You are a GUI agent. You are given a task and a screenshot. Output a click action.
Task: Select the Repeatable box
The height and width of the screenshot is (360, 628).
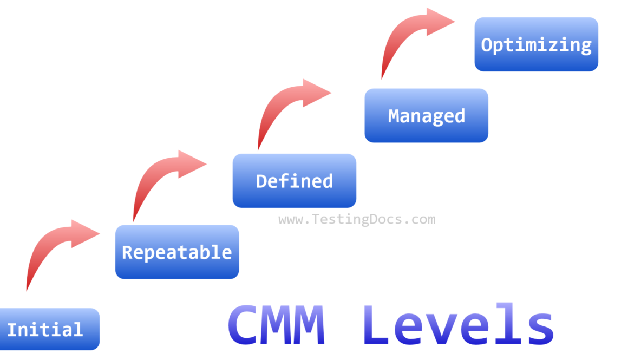pos(177,252)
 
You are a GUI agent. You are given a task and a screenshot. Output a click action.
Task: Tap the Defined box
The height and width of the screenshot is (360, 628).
pos(294,180)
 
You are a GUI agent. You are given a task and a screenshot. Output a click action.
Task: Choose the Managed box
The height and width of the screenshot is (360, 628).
pos(426,115)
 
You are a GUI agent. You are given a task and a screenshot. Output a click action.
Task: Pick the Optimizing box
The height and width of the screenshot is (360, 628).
pos(536,44)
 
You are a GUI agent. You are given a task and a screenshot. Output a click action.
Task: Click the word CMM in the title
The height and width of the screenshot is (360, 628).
pos(276,326)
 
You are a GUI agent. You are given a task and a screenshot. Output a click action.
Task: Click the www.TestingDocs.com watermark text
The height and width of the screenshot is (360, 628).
pos(357,220)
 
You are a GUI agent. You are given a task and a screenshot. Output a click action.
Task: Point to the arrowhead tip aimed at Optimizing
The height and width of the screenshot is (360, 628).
pos(454,22)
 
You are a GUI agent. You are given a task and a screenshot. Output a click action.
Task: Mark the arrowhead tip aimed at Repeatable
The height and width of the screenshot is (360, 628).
pos(99,233)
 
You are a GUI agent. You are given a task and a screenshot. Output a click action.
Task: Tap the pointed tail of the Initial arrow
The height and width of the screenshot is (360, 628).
pos(27,290)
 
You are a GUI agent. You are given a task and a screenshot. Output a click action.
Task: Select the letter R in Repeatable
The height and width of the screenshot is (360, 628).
pos(127,252)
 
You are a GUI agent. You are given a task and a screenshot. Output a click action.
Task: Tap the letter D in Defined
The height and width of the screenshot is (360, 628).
pos(261,181)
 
